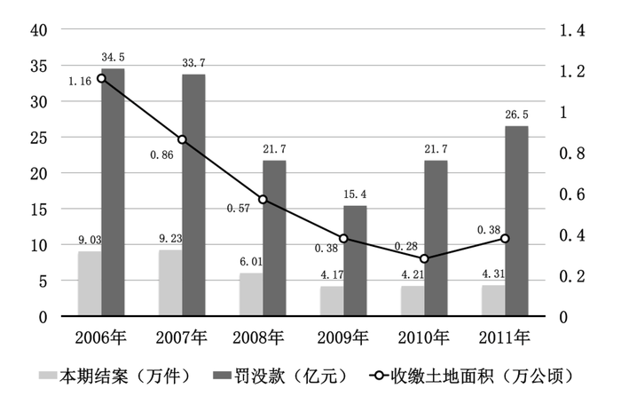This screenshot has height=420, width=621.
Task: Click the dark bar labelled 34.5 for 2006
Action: tap(113, 192)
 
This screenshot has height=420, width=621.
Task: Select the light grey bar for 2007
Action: tap(170, 282)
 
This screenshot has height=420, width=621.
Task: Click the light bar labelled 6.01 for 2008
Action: tap(251, 294)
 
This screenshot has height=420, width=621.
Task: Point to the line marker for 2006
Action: tap(101, 78)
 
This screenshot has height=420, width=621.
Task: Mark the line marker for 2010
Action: tap(424, 258)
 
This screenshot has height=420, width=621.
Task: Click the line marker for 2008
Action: tap(263, 200)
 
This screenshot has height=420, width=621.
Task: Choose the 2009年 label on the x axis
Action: tap(343, 338)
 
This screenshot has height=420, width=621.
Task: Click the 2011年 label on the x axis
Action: tap(505, 338)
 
